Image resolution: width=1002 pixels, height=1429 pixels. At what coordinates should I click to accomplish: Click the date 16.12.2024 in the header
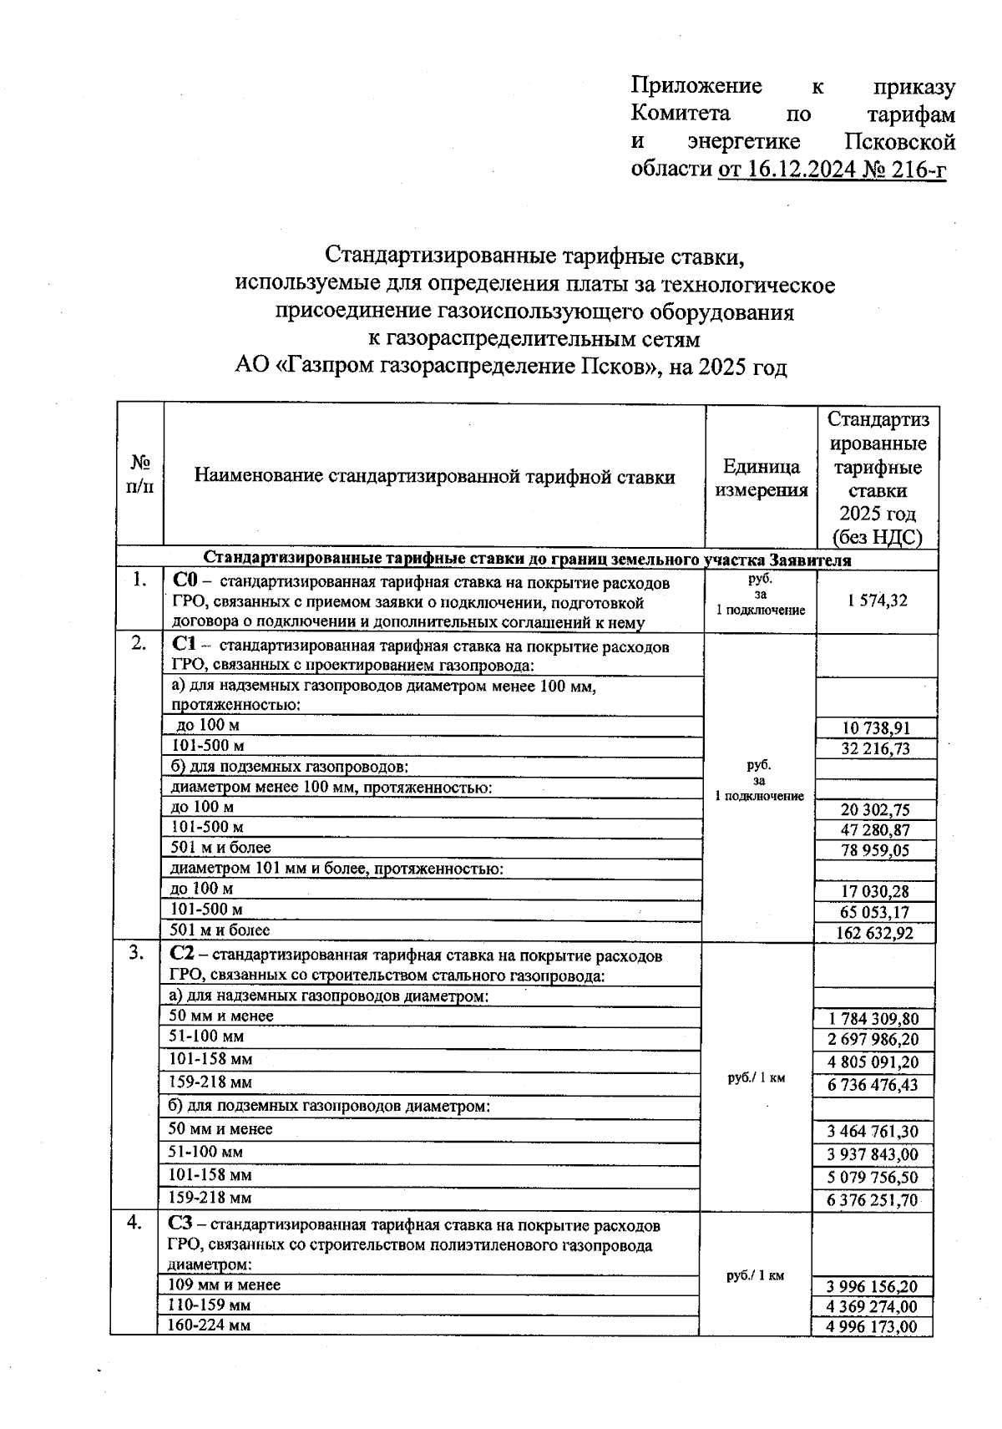[x=802, y=170]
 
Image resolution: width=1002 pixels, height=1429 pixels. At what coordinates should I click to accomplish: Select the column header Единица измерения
[x=761, y=479]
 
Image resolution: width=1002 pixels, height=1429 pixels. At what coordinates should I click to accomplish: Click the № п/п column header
[x=140, y=474]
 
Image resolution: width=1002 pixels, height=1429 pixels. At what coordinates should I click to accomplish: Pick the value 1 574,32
[x=874, y=600]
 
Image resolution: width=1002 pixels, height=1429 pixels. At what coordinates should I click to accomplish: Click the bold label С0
[x=185, y=581]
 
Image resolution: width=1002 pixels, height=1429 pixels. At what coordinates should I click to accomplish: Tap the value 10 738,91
[x=875, y=728]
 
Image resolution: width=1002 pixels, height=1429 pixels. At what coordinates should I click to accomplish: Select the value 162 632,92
[x=874, y=933]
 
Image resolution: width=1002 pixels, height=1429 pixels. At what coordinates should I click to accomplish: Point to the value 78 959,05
[x=875, y=850]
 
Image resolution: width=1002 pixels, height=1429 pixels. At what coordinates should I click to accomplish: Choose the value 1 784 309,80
[x=873, y=1019]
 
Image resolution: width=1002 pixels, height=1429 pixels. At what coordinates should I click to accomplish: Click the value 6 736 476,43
[x=873, y=1085]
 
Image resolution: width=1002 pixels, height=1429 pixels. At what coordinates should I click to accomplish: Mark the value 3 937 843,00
[x=873, y=1155]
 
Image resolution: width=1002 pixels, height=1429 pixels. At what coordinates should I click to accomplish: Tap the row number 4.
[x=134, y=1223]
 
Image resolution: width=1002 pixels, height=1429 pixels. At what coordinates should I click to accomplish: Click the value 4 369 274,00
[x=873, y=1307]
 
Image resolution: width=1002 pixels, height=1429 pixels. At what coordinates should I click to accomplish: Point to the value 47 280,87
[x=875, y=830]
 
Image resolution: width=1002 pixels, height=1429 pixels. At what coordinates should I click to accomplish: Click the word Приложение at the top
[x=696, y=86]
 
